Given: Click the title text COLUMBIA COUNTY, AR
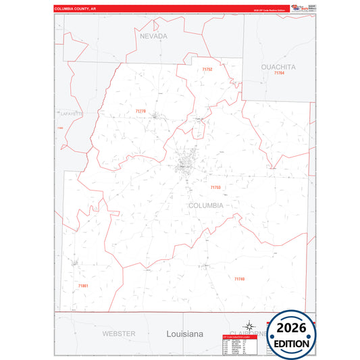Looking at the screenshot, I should coord(80,9).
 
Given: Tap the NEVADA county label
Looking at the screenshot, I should coord(153,36).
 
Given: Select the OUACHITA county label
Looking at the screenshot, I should coord(278,67).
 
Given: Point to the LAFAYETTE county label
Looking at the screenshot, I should coord(71,114).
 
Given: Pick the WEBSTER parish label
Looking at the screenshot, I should coord(119,334).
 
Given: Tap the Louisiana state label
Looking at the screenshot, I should coord(184,334).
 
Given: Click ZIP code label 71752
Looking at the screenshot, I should coord(207,70).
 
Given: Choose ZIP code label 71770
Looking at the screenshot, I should coord(140,111).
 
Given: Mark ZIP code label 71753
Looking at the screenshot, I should coord(215,187).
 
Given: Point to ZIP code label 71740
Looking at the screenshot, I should coord(240,279).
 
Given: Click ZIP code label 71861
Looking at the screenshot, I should coord(83,286).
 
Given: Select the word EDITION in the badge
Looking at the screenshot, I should coord(291,343).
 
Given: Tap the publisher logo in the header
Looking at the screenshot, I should coord(298,7).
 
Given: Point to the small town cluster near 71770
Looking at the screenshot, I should coord(155,115).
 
